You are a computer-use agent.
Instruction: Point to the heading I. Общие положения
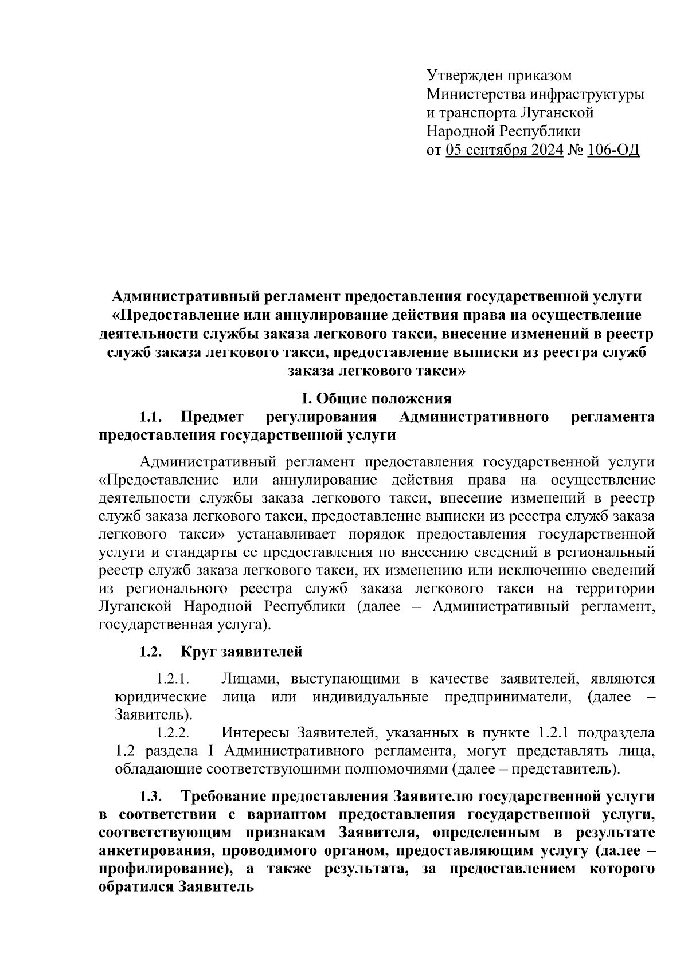(x=377, y=398)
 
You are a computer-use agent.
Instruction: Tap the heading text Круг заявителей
(x=241, y=652)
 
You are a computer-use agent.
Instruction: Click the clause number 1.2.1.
(x=173, y=679)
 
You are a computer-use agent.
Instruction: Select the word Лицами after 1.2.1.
(x=250, y=679)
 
